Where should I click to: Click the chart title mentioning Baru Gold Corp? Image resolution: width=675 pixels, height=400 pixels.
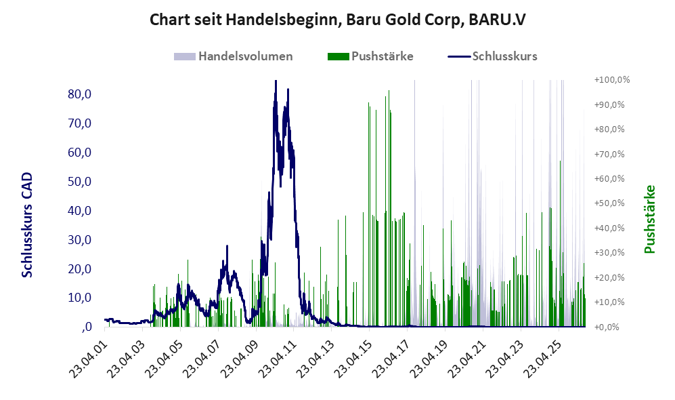[337, 20]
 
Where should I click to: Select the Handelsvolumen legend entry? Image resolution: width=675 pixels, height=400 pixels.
[234, 56]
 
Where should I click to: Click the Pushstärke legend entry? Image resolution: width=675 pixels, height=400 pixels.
[370, 56]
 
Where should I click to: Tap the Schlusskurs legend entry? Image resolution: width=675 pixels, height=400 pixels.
[492, 56]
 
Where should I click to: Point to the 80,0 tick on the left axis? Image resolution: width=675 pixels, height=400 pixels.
[80, 94]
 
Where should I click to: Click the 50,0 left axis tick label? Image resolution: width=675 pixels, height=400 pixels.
[80, 182]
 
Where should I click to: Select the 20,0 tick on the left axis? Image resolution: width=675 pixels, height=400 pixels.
[80, 269]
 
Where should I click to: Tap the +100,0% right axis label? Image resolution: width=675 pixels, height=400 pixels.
[612, 80]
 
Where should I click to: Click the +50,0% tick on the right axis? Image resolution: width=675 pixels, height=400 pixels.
[609, 203]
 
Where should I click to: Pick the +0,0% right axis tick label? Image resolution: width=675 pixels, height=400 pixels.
[607, 327]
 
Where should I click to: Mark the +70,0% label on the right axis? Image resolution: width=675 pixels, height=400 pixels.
[609, 154]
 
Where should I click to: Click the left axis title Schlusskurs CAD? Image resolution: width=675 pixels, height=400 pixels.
[26, 224]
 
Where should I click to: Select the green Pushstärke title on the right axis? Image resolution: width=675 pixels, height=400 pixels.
[649, 219]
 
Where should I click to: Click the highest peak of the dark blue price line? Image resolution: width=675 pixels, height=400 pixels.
[276, 81]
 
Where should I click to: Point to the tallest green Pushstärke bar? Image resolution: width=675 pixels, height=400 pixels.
[389, 208]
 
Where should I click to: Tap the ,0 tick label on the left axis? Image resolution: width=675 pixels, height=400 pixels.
[86, 327]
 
